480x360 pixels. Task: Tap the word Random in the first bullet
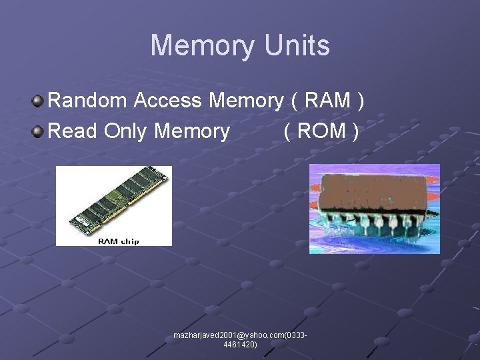click(88, 101)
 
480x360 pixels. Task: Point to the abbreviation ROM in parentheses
click(321, 131)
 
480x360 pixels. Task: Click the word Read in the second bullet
click(73, 131)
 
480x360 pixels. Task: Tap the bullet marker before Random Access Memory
click(38, 101)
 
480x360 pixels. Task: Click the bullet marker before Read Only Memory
click(38, 132)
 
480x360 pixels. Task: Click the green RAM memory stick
click(114, 199)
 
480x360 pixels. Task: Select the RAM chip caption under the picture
click(119, 241)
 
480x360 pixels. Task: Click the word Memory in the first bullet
click(246, 101)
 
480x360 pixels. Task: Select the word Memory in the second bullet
click(191, 131)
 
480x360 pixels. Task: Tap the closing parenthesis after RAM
click(361, 101)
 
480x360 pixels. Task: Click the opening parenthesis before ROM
click(287, 132)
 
